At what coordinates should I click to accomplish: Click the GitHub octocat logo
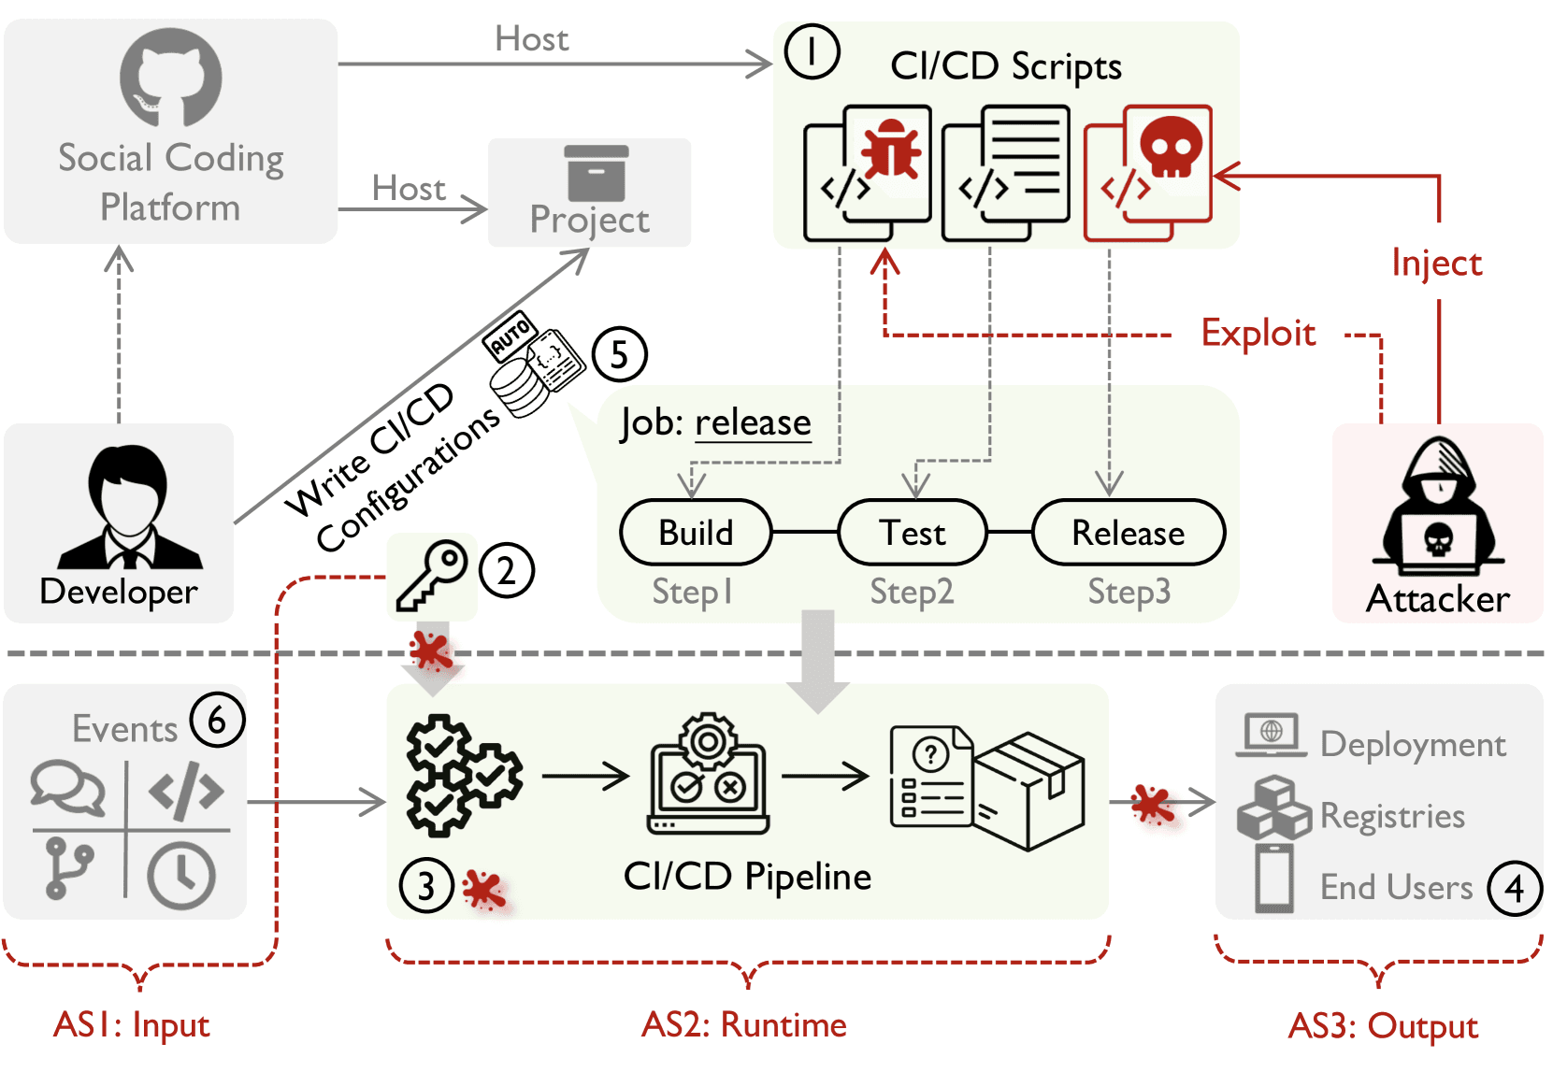click(170, 77)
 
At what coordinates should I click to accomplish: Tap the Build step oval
click(696, 533)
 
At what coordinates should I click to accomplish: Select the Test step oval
click(913, 533)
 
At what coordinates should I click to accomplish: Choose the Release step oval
click(1128, 533)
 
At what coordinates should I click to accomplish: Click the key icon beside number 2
click(431, 575)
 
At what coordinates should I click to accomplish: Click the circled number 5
click(619, 354)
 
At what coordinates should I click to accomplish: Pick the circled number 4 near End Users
click(1515, 888)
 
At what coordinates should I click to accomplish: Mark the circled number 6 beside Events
click(217, 720)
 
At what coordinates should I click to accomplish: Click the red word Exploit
click(1258, 334)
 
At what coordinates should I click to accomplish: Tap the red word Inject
click(1436, 264)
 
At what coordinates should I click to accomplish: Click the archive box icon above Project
click(597, 173)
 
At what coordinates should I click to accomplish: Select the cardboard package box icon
click(1029, 790)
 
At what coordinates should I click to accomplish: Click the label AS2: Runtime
click(743, 1025)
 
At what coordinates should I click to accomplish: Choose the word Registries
click(1392, 816)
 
